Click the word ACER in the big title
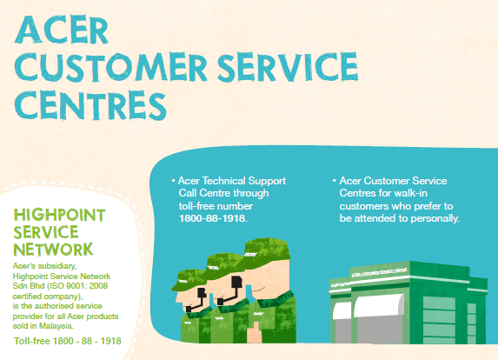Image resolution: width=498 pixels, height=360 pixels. [62, 30]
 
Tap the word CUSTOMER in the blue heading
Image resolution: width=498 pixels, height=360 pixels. [110, 68]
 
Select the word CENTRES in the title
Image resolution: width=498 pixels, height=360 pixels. [90, 105]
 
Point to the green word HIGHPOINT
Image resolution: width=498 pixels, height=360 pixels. [59, 215]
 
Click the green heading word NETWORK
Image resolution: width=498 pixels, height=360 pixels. [53, 250]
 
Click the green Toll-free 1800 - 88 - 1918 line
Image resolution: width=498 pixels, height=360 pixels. [68, 341]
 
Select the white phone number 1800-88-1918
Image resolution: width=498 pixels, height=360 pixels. [213, 218]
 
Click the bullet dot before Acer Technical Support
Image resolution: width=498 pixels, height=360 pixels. [174, 181]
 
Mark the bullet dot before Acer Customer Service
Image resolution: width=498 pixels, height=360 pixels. [334, 181]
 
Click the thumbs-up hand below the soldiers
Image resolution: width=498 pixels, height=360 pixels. [255, 333]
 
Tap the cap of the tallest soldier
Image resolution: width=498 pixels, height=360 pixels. [264, 250]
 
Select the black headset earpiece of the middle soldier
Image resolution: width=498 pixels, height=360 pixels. [236, 282]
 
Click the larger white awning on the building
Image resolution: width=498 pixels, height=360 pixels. [379, 305]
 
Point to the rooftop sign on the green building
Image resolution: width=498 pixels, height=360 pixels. [379, 273]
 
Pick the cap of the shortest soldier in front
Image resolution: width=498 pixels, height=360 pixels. [188, 280]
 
